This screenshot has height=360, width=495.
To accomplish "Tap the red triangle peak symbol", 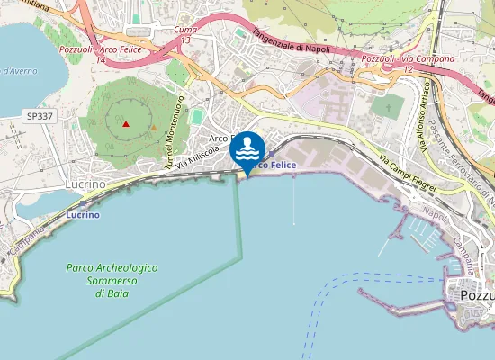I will click(126, 124).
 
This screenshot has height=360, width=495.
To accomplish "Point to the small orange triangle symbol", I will click(154, 127).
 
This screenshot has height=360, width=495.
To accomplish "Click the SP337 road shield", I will click(39, 116).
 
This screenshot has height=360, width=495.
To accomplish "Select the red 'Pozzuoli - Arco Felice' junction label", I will click(99, 49).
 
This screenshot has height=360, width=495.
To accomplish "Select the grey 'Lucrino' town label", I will click(85, 184).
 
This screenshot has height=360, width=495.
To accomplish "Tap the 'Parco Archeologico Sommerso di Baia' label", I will click(112, 281).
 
